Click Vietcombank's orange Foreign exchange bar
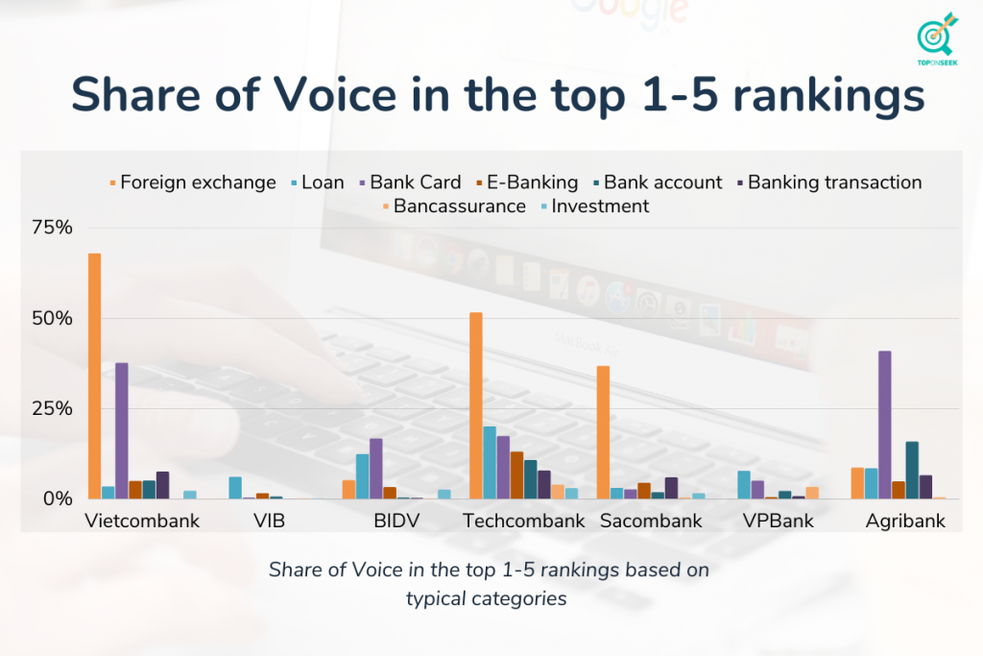(94, 376)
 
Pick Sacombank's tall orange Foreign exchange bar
(603, 432)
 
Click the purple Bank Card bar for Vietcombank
(121, 430)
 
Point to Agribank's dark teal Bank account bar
(911, 470)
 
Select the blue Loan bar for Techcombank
(489, 462)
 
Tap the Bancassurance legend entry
(459, 207)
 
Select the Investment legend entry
(599, 207)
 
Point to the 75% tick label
(53, 228)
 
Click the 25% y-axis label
(53, 408)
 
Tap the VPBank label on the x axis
(778, 522)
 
